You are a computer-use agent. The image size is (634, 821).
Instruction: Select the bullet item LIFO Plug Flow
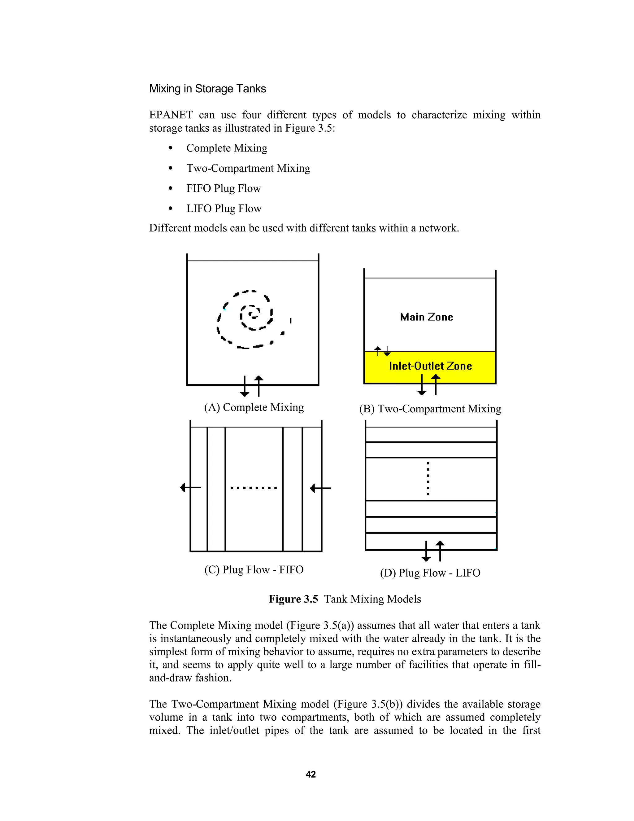(224, 208)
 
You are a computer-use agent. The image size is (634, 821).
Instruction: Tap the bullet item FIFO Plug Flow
(223, 188)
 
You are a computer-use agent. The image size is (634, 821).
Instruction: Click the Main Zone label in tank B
(426, 317)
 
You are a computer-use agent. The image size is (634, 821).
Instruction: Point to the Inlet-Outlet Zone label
(430, 366)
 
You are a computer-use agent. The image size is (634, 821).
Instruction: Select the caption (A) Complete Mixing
(254, 407)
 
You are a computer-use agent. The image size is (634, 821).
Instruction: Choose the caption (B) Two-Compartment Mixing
(430, 409)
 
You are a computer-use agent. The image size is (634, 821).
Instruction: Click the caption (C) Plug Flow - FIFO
(254, 569)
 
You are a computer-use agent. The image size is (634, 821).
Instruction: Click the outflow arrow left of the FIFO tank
(190, 488)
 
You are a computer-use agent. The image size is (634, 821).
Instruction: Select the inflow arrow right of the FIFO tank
(320, 488)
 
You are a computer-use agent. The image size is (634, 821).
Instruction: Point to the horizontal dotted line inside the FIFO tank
(254, 488)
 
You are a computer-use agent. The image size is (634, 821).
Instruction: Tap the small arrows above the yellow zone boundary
(382, 351)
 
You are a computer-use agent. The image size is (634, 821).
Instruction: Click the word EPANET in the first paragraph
(171, 115)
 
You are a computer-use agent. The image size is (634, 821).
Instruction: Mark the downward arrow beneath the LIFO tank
(426, 551)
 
